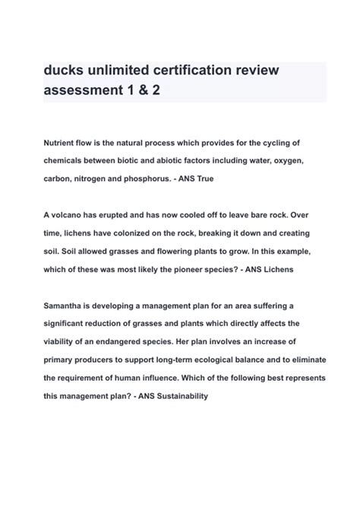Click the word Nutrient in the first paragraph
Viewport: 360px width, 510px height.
tap(62, 143)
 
